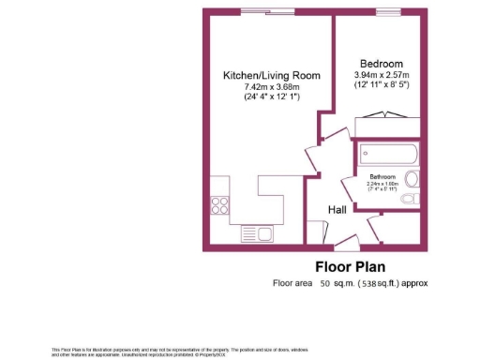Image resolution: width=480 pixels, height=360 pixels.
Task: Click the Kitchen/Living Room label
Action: (x=271, y=75)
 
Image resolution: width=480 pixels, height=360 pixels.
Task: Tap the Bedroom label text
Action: (x=382, y=63)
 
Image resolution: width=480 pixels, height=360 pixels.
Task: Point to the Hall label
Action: (x=337, y=210)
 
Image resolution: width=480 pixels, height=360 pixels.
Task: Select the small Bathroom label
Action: (x=382, y=177)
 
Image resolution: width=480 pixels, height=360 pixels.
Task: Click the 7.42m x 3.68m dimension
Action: (x=271, y=86)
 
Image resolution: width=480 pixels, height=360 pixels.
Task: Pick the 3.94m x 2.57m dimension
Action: (x=382, y=75)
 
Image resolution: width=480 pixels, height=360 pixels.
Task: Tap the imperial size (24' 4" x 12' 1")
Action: (x=271, y=97)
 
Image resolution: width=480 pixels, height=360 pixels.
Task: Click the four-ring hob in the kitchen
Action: (x=221, y=203)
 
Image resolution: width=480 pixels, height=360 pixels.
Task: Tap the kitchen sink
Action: (x=254, y=233)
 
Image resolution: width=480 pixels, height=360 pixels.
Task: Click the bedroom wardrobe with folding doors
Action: (x=384, y=115)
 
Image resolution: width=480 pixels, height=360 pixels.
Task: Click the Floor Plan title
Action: (x=346, y=265)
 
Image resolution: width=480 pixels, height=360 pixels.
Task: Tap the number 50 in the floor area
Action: (x=325, y=282)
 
